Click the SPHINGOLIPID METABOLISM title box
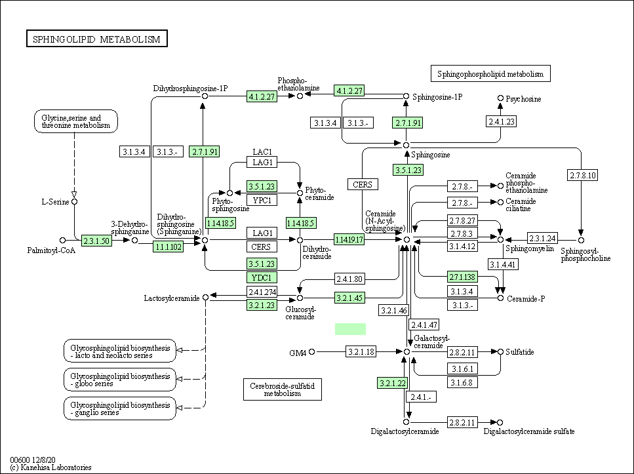click(x=97, y=39)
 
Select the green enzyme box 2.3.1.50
click(x=96, y=241)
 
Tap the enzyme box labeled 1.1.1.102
click(x=168, y=247)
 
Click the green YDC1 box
click(x=262, y=277)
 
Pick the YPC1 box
click(x=262, y=200)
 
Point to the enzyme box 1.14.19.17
click(x=349, y=239)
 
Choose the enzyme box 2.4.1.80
click(x=349, y=279)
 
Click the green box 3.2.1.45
click(x=349, y=298)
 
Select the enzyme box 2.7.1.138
click(x=463, y=277)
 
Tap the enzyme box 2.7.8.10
click(x=582, y=175)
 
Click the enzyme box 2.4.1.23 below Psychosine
click(x=502, y=121)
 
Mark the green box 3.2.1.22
click(x=392, y=383)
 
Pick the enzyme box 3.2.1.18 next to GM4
click(x=361, y=351)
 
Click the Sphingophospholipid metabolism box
click(x=490, y=73)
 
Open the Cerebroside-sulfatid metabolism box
click(x=282, y=389)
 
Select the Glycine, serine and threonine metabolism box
click(x=76, y=121)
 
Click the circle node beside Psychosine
click(x=500, y=98)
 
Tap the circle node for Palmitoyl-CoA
click(x=62, y=240)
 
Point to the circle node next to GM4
click(x=311, y=352)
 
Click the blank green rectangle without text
click(x=350, y=329)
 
